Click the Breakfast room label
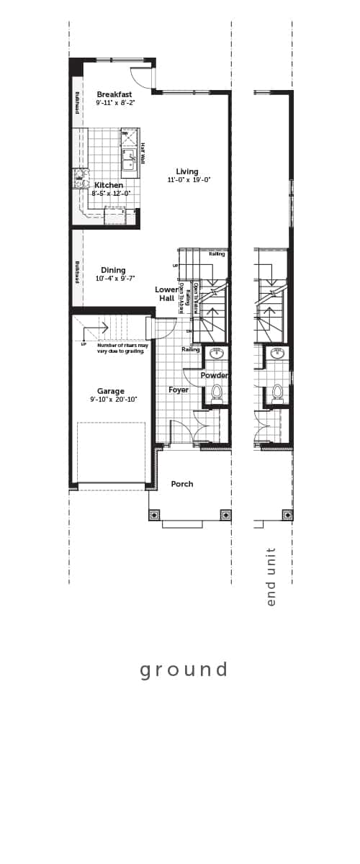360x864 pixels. click(x=114, y=94)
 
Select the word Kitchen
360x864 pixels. click(x=109, y=185)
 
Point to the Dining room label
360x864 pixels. click(x=113, y=270)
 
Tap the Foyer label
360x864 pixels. click(x=179, y=390)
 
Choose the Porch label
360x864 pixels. click(x=182, y=484)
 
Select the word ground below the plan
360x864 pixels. click(x=184, y=670)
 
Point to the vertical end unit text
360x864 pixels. click(x=271, y=576)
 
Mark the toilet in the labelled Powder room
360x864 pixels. click(x=216, y=392)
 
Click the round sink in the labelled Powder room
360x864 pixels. click(x=216, y=354)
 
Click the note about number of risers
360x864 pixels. click(x=120, y=348)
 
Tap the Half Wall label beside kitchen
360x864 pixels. click(x=143, y=153)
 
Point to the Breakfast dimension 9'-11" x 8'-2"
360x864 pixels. click(x=115, y=103)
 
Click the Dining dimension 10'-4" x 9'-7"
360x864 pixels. click(x=115, y=279)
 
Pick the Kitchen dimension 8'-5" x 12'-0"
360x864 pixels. click(x=112, y=193)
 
